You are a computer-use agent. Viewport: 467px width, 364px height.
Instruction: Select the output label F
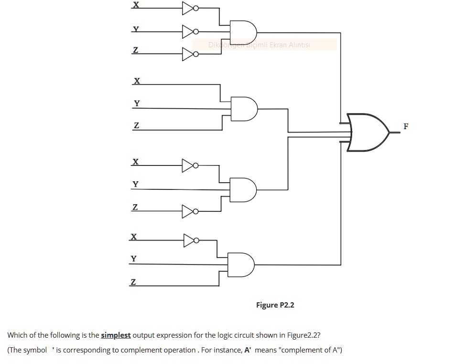pyautogui.click(x=406, y=127)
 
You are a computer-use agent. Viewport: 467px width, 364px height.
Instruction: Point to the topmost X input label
pyautogui.click(x=136, y=5)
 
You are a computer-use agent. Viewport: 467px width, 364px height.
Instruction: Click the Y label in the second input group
pyautogui.click(x=137, y=103)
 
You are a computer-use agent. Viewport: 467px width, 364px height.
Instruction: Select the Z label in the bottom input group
pyautogui.click(x=133, y=282)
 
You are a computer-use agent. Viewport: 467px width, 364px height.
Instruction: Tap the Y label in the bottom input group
pyautogui.click(x=133, y=259)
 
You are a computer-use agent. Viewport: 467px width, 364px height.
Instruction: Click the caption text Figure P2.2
pyautogui.click(x=275, y=305)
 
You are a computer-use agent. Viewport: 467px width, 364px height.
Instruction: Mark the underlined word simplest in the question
pyautogui.click(x=116, y=335)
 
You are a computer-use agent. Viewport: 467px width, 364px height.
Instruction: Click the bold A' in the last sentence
pyautogui.click(x=248, y=350)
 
